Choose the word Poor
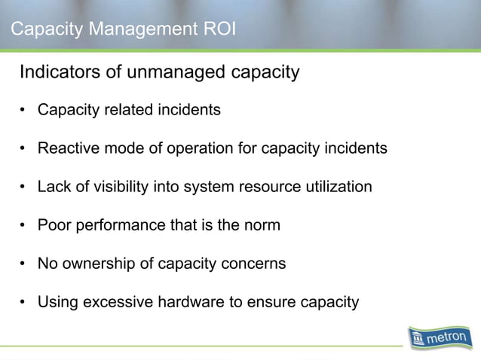point(53,225)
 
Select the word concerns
point(254,264)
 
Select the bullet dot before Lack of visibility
point(25,187)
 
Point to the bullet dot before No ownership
point(25,264)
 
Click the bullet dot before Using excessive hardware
point(25,303)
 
